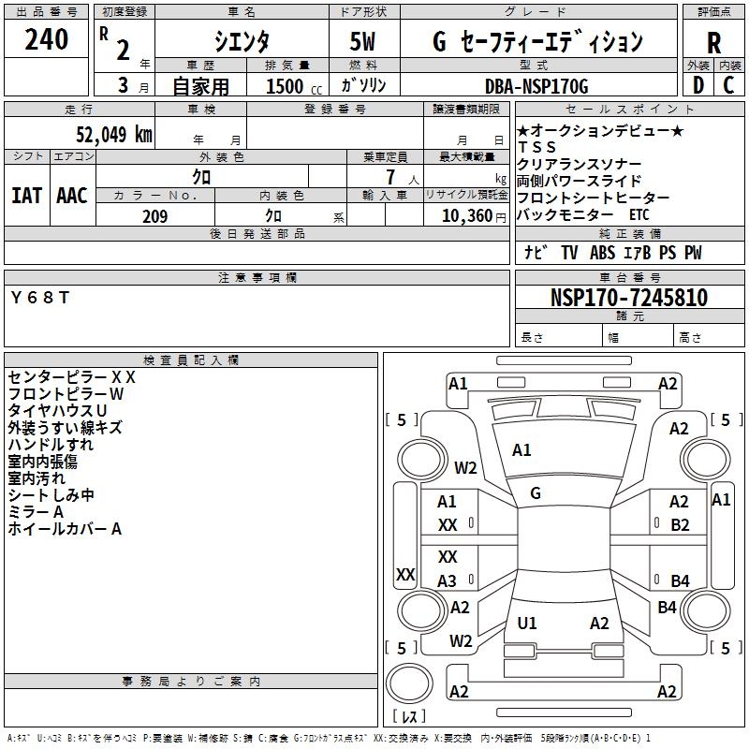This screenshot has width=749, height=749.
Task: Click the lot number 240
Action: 47,39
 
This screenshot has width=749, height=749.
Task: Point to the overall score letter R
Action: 713,43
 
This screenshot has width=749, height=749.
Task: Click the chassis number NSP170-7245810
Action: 628,298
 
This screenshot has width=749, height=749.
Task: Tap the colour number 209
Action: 154,216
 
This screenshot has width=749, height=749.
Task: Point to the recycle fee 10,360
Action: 463,216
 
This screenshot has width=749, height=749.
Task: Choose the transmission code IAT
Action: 26,195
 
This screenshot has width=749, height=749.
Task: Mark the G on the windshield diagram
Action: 536,492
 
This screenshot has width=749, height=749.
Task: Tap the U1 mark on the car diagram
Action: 527,624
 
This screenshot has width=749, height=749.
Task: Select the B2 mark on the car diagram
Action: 680,525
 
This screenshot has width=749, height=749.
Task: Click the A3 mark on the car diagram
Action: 447,580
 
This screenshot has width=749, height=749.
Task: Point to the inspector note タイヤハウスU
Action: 57,411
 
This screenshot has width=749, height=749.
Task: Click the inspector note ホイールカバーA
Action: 66,529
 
